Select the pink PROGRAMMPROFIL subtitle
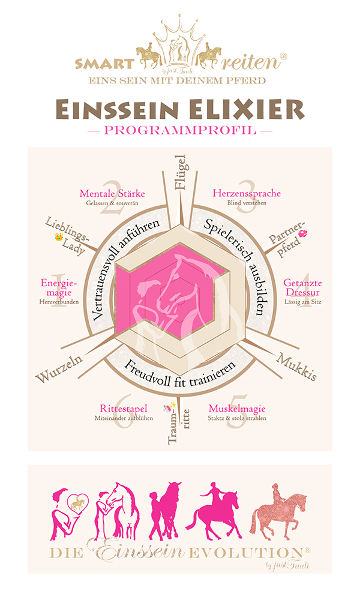pyautogui.click(x=179, y=130)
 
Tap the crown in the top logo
pyautogui.click(x=179, y=29)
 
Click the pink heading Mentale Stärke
pyautogui.click(x=112, y=193)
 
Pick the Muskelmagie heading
pyautogui.click(x=236, y=407)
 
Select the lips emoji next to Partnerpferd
pyautogui.click(x=309, y=232)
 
